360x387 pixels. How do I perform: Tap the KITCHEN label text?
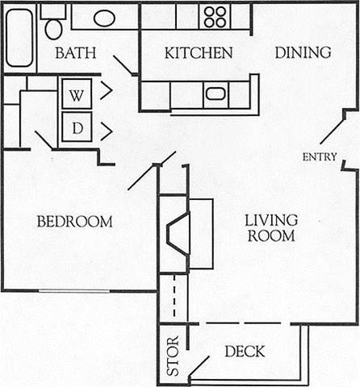coord(198,53)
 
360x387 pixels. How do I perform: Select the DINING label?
coord(303,53)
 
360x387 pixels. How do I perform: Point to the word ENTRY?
coord(319,156)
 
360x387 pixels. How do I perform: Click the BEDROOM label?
coord(74,222)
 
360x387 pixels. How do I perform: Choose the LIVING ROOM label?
coord(271,227)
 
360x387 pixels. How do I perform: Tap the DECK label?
coord(245,352)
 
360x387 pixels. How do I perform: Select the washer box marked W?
coord(77,94)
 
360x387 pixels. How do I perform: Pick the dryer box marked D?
coord(77,127)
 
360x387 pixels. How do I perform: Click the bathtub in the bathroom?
coord(19,37)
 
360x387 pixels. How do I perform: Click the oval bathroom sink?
coord(104,18)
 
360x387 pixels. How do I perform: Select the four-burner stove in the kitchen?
coord(215,16)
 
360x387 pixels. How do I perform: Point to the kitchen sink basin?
coord(216,94)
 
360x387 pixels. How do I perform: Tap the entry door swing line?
coord(331,130)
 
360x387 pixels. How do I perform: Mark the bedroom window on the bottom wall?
coord(73,290)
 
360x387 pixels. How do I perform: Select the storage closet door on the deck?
coord(198,368)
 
